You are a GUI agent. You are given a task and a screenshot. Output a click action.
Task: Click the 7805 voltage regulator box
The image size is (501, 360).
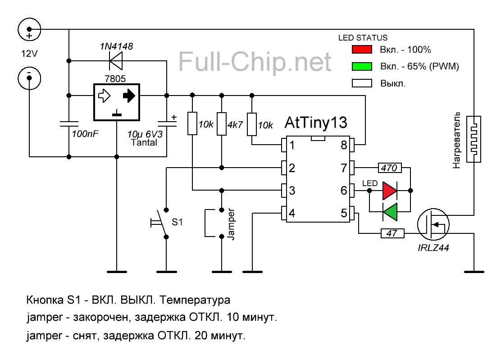coord(117,102)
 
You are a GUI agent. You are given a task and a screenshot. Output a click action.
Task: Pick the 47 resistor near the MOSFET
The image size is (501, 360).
coord(392,233)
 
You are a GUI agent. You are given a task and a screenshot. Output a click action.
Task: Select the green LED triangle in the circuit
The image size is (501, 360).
coord(390,212)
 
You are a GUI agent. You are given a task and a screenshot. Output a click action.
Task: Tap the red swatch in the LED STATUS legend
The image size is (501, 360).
coord(361,50)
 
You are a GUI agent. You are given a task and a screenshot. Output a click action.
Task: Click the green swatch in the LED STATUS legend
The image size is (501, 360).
coord(361,66)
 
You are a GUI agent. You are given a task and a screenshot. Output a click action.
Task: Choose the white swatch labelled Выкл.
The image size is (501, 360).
coord(361,83)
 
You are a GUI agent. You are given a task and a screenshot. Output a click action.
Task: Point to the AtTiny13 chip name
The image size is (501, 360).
coord(316,123)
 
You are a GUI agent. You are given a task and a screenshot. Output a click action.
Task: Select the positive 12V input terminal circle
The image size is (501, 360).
coord(29,30)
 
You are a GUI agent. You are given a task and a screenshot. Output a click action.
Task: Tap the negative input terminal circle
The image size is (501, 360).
coord(29,78)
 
